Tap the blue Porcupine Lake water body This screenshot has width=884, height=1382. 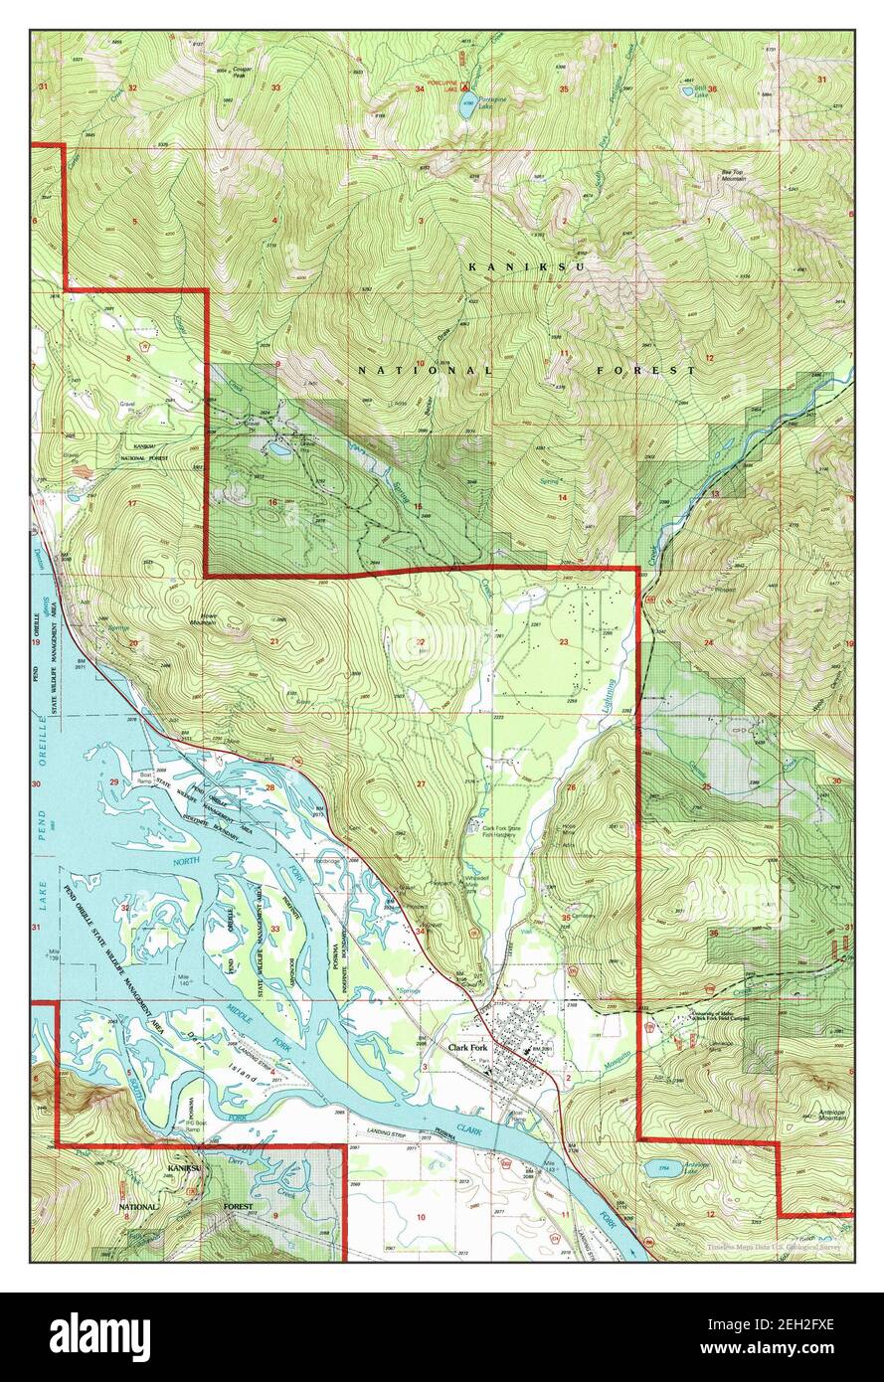pos(464,106)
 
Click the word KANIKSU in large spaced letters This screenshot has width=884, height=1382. pos(527,267)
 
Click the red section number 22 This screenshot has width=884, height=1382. pos(421,642)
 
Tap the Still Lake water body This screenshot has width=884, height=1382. pos(688,90)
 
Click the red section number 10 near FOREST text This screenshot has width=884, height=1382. pos(420,364)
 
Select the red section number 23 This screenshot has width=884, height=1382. pos(563,642)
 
